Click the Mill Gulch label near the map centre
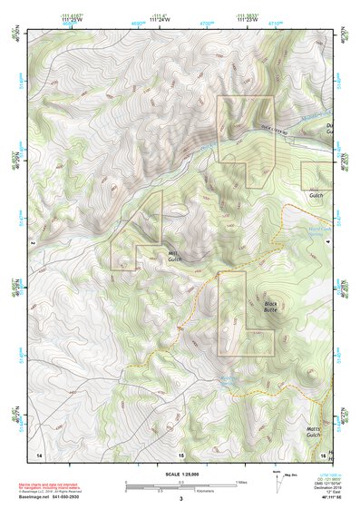pyautogui.click(x=174, y=257)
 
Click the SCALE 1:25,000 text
pyautogui.click(x=180, y=473)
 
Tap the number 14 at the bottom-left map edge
pyautogui.click(x=39, y=454)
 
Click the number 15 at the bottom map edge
pyautogui.click(x=180, y=454)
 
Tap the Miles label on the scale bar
pyautogui.click(x=240, y=481)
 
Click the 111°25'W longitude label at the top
pyautogui.click(x=70, y=19)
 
